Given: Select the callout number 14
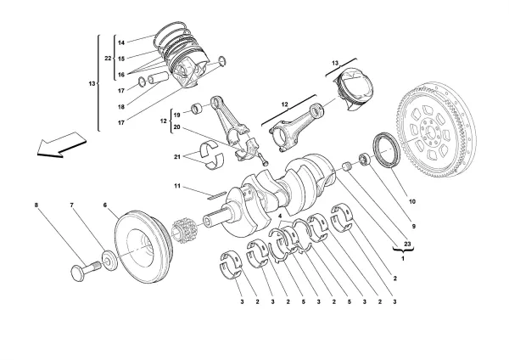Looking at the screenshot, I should [x=120, y=42].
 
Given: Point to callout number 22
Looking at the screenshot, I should [x=108, y=58].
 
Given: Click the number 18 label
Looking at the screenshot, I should [x=120, y=107].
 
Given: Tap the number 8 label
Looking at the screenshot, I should [x=36, y=205].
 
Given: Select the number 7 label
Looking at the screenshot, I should [x=71, y=205].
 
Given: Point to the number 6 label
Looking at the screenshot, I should [x=105, y=205].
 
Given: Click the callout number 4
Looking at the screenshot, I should [x=279, y=217].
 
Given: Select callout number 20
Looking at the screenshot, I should [x=176, y=127].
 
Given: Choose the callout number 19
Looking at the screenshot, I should [x=176, y=114].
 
